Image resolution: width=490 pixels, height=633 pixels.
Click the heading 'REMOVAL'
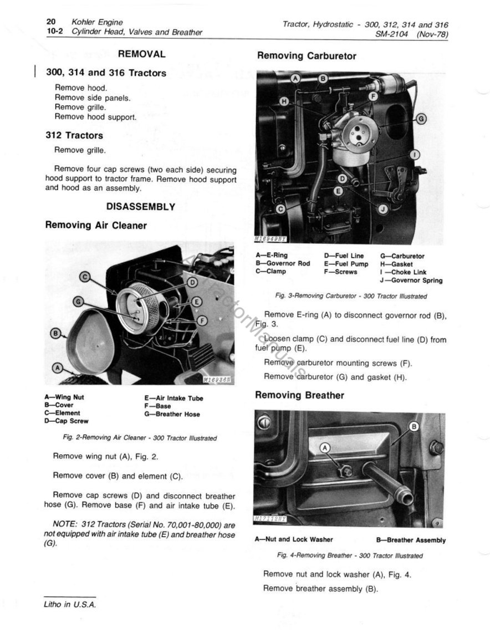coord(142,54)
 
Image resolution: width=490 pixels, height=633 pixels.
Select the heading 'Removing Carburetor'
coord(307,56)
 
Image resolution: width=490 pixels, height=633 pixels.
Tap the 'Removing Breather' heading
coord(299,395)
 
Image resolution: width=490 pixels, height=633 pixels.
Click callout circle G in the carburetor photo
coord(421,119)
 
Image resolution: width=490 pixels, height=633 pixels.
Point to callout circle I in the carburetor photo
coord(415,155)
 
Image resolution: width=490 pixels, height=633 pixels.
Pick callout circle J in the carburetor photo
coord(383,208)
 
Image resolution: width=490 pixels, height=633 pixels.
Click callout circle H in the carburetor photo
coord(284,101)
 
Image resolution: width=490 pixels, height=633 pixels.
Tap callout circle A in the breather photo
coord(325,447)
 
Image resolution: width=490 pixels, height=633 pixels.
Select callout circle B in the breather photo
coord(414,426)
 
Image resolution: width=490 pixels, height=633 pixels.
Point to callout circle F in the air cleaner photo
coord(202,320)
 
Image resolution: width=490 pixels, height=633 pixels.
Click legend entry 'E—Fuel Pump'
coord(346,264)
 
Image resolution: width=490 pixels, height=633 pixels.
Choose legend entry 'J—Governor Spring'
coord(411,280)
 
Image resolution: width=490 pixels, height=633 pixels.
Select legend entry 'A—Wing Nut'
coord(64,397)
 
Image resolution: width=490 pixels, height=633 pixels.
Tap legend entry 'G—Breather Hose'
coord(172,414)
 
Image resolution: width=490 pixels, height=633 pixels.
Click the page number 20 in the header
coord(53,22)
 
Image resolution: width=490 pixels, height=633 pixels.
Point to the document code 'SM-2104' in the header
coord(391,34)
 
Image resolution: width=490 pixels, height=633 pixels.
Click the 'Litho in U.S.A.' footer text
coord(70,605)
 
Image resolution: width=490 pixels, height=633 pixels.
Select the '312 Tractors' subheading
coord(74,135)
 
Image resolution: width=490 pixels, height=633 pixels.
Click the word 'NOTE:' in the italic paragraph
coord(65,524)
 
